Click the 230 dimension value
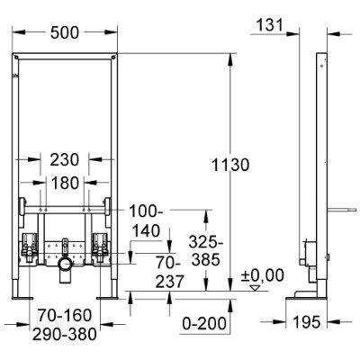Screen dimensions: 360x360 (x=63, y=158)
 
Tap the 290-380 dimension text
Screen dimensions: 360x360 (x=63, y=332)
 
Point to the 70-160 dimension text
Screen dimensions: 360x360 (x=63, y=316)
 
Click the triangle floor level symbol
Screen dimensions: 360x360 (x=256, y=289)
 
